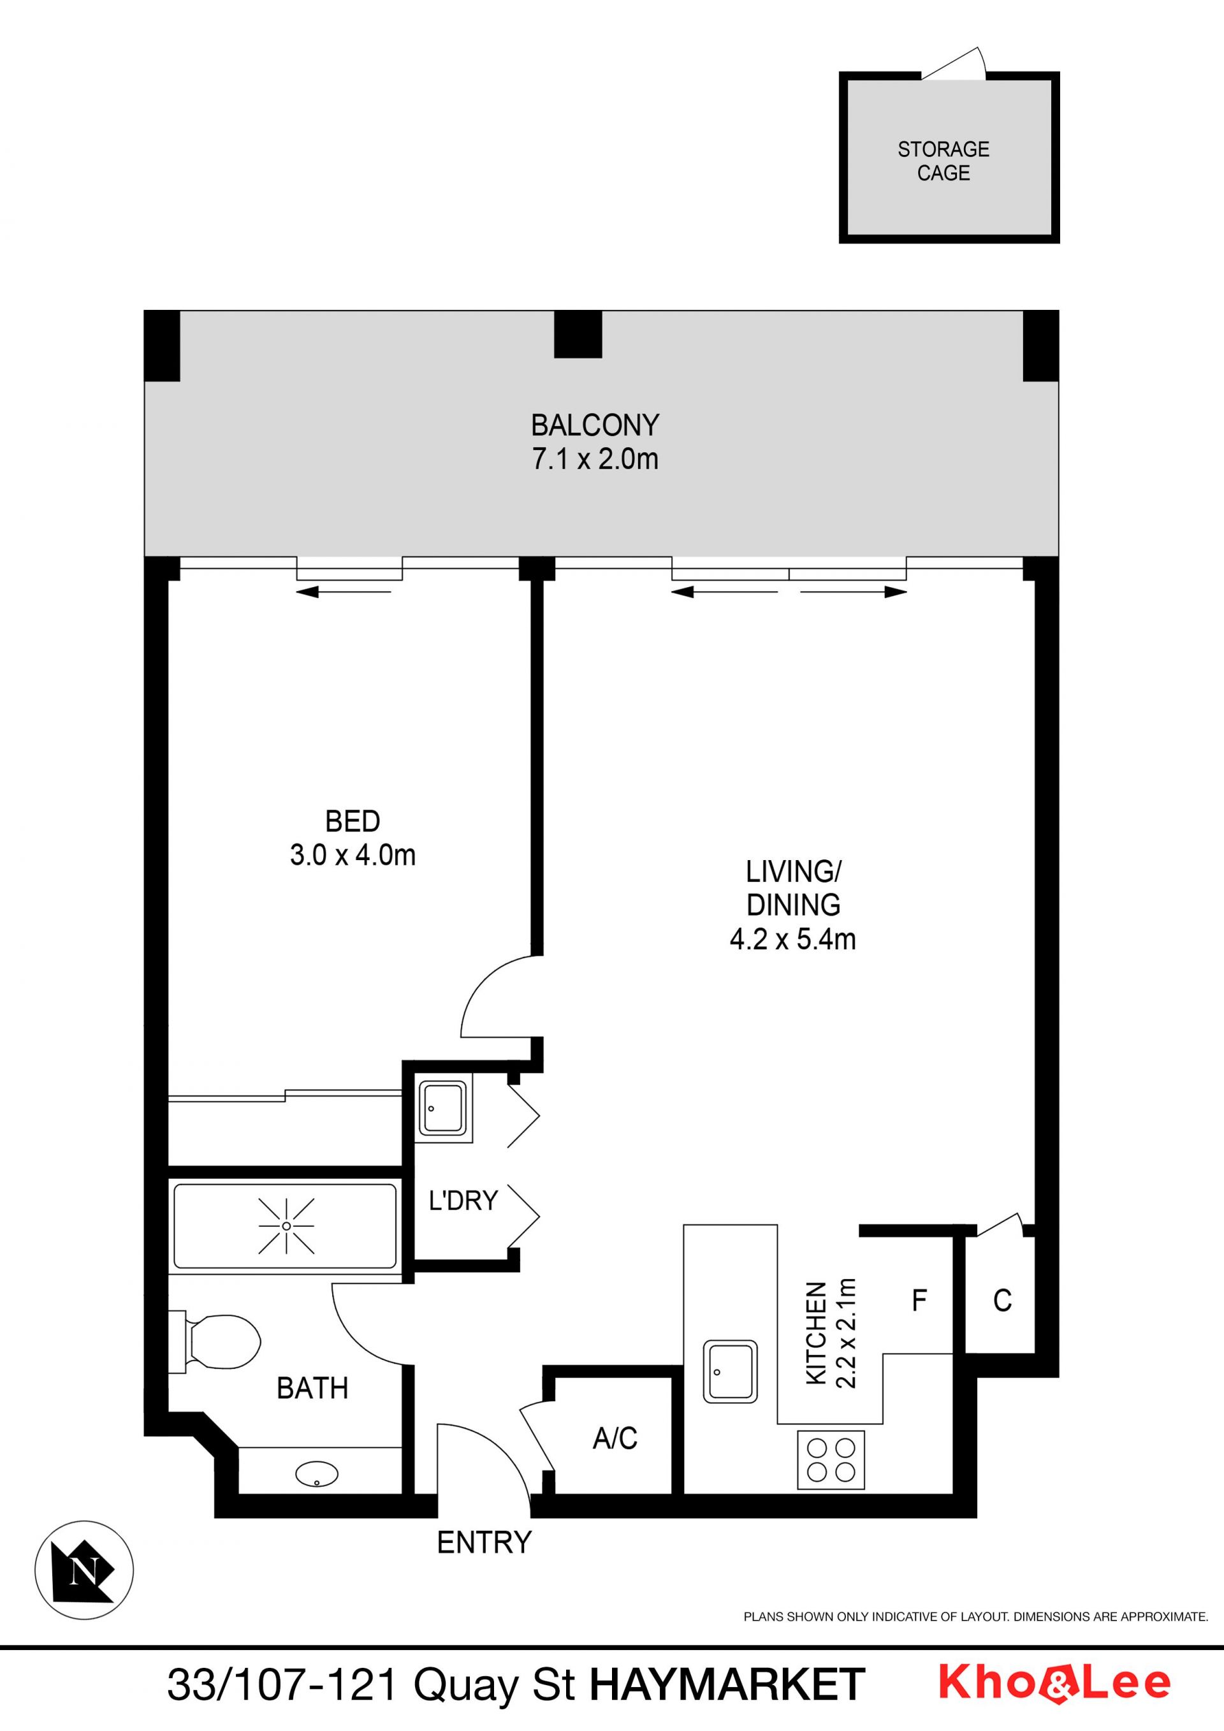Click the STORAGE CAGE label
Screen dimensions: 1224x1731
pyautogui.click(x=943, y=161)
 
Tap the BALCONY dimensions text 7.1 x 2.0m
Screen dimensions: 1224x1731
pyautogui.click(x=595, y=459)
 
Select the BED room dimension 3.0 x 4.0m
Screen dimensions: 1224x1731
pyautogui.click(x=353, y=855)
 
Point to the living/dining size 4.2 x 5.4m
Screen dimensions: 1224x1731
pyautogui.click(x=793, y=939)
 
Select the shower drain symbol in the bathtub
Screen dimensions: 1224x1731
pyautogui.click(x=286, y=1227)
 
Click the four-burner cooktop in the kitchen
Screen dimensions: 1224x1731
pyautogui.click(x=831, y=1459)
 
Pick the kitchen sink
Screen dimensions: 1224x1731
pyautogui.click(x=731, y=1371)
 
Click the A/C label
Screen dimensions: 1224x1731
pyautogui.click(x=615, y=1438)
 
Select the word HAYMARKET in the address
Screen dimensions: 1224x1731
pyautogui.click(x=727, y=1684)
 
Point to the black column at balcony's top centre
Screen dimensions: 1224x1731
pyautogui.click(x=578, y=334)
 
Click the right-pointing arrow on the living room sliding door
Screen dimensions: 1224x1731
pyautogui.click(x=853, y=592)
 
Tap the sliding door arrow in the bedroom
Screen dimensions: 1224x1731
pyautogui.click(x=344, y=592)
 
